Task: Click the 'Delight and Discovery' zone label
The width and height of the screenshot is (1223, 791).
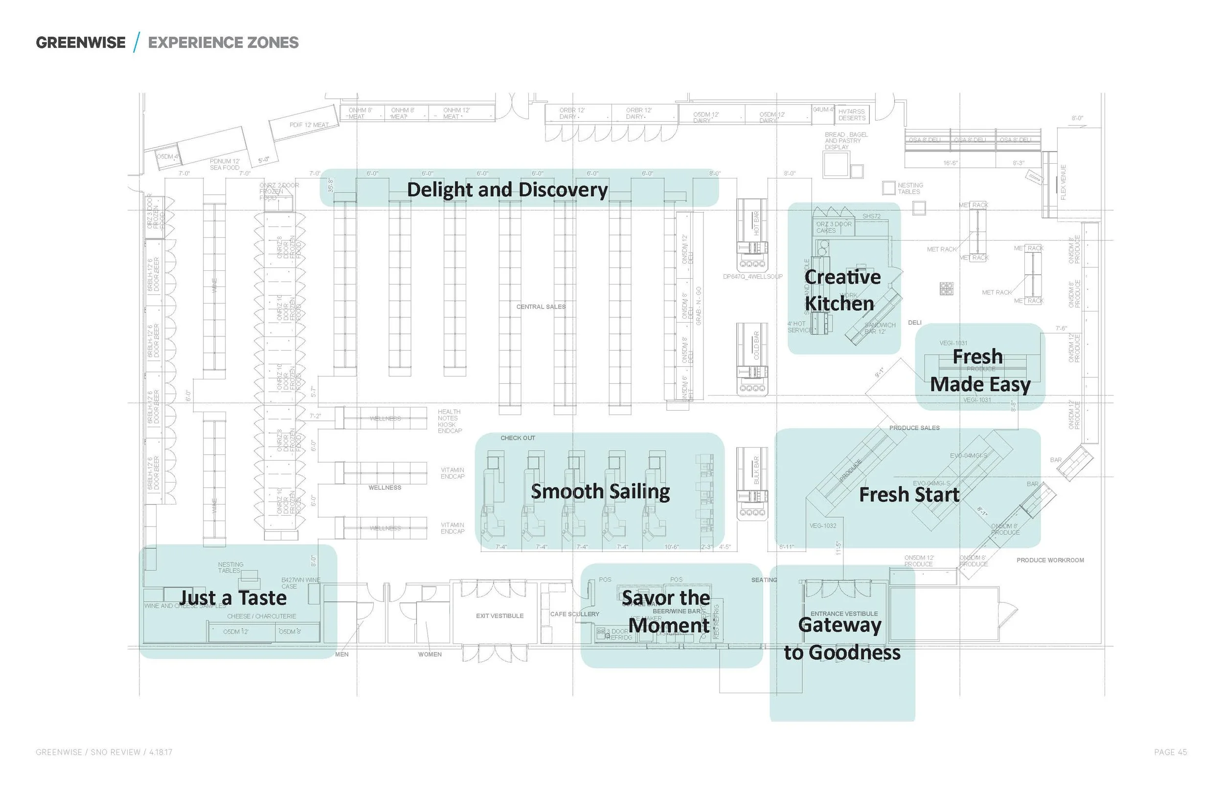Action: point(507,190)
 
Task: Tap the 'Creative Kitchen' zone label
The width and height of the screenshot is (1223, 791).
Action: point(842,290)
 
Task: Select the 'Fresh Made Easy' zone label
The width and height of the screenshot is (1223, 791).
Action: point(979,371)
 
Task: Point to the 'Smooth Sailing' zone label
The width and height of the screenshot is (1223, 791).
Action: point(600,491)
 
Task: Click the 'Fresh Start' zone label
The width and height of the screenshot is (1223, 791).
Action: point(909,495)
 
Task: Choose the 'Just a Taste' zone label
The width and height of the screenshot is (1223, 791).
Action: point(233,598)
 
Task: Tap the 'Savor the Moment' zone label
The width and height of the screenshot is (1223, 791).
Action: point(667,611)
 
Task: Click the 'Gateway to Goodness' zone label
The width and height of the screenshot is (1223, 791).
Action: point(842,638)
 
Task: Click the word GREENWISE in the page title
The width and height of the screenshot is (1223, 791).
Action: point(81,43)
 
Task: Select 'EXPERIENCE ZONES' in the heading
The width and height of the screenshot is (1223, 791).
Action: point(223,43)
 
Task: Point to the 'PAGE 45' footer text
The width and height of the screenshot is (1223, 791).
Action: point(1170,752)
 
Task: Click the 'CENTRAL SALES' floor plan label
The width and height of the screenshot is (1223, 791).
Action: point(541,307)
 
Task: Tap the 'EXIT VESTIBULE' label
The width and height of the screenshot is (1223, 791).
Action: point(499,616)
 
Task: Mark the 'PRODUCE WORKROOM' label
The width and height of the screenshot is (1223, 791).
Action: point(1050,560)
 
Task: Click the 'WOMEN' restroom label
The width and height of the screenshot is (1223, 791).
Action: point(430,655)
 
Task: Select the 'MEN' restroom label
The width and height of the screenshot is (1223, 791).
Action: point(342,655)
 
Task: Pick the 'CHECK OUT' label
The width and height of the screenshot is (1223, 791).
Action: point(518,438)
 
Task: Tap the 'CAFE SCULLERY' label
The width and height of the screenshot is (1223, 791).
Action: point(574,615)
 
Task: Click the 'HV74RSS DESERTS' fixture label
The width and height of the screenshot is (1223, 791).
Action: point(852,115)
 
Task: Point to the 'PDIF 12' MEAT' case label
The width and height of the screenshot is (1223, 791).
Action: point(309,125)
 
